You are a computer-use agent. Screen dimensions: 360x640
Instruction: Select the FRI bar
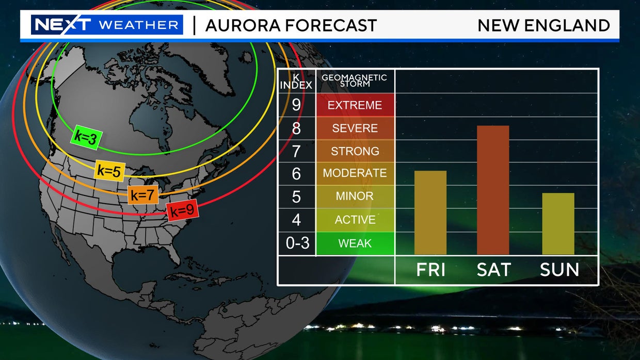430,212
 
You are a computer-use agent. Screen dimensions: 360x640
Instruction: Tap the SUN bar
558,223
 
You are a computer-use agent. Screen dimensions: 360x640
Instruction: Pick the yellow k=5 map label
109,171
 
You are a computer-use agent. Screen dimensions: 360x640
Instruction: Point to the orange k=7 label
143,195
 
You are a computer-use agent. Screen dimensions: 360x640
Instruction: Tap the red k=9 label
182,210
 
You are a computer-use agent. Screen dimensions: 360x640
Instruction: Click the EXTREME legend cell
355,105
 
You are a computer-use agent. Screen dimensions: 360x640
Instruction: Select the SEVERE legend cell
355,128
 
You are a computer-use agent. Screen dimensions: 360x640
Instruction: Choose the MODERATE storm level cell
355,173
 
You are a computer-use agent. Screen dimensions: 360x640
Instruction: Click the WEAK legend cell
355,243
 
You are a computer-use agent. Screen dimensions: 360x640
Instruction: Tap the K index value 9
296,105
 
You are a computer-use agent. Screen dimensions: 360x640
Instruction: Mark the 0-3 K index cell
297,243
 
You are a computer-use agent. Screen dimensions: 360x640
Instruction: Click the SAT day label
493,270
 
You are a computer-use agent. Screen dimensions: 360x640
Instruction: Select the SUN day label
559,270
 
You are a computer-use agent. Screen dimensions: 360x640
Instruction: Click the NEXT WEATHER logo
107,25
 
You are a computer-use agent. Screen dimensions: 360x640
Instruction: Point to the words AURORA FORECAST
291,25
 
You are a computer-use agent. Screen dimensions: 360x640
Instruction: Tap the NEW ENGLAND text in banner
543,25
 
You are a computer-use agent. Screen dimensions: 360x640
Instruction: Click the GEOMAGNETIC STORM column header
354,80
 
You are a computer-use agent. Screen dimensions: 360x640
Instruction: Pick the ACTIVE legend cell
355,220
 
